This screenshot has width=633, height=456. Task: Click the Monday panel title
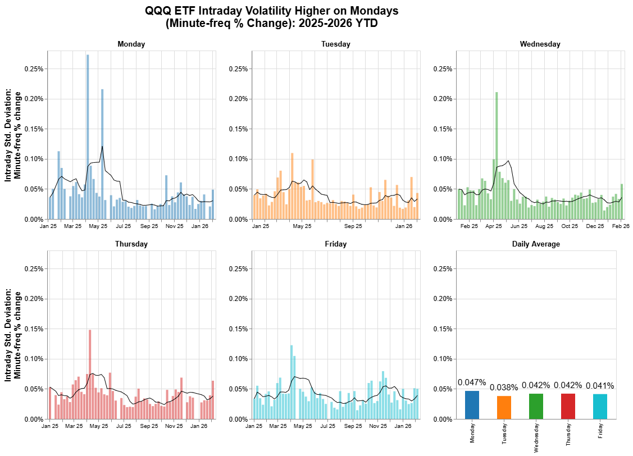point(131,44)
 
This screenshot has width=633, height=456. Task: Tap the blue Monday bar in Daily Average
point(472,404)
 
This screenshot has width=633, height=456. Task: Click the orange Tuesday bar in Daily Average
point(504,407)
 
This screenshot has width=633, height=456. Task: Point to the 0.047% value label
point(472,382)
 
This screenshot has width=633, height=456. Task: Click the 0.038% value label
point(504,387)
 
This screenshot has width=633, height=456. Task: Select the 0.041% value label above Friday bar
point(600,386)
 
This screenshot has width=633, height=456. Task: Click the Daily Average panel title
point(536,244)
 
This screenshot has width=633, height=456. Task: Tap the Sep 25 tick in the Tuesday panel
point(353,227)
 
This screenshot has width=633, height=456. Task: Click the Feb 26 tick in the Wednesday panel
point(621,227)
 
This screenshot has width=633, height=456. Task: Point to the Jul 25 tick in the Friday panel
point(328,427)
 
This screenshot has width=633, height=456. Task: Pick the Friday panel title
point(335,244)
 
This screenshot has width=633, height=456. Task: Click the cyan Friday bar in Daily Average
point(600,406)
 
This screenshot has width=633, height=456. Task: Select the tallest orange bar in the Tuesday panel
point(292,186)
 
